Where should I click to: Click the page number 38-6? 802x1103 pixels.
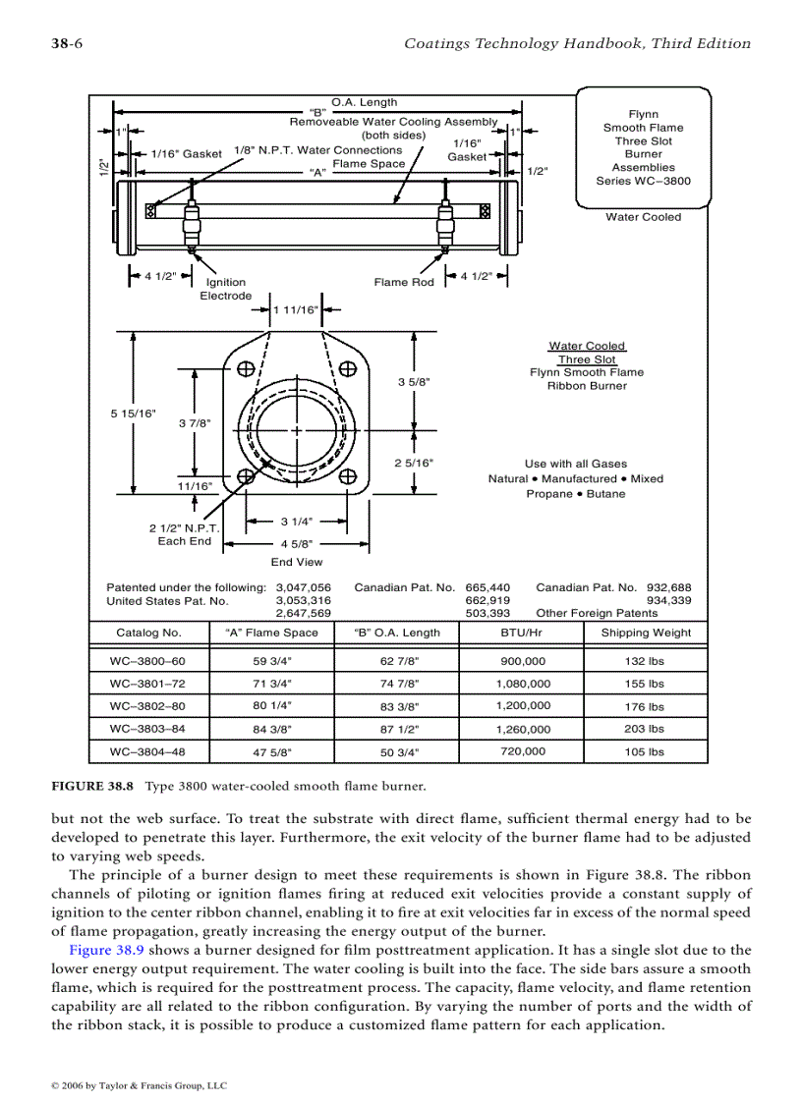click(x=66, y=43)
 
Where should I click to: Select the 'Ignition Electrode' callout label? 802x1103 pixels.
click(x=226, y=289)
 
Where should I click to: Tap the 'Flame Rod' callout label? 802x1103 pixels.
click(x=404, y=283)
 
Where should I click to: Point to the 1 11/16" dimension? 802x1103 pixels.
click(x=296, y=310)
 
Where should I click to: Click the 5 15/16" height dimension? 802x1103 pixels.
click(x=133, y=414)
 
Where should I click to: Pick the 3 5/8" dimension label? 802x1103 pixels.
click(x=414, y=381)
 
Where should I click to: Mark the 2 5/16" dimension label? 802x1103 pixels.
click(x=414, y=463)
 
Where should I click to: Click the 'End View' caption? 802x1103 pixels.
click(x=297, y=563)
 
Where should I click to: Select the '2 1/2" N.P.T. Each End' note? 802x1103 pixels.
click(x=185, y=534)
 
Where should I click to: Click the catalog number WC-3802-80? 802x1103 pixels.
click(x=147, y=706)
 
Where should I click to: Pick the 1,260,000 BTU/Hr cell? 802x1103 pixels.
click(x=523, y=730)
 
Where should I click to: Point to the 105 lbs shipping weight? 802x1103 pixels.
click(x=644, y=752)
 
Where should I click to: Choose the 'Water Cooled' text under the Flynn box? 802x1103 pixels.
click(x=643, y=217)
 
